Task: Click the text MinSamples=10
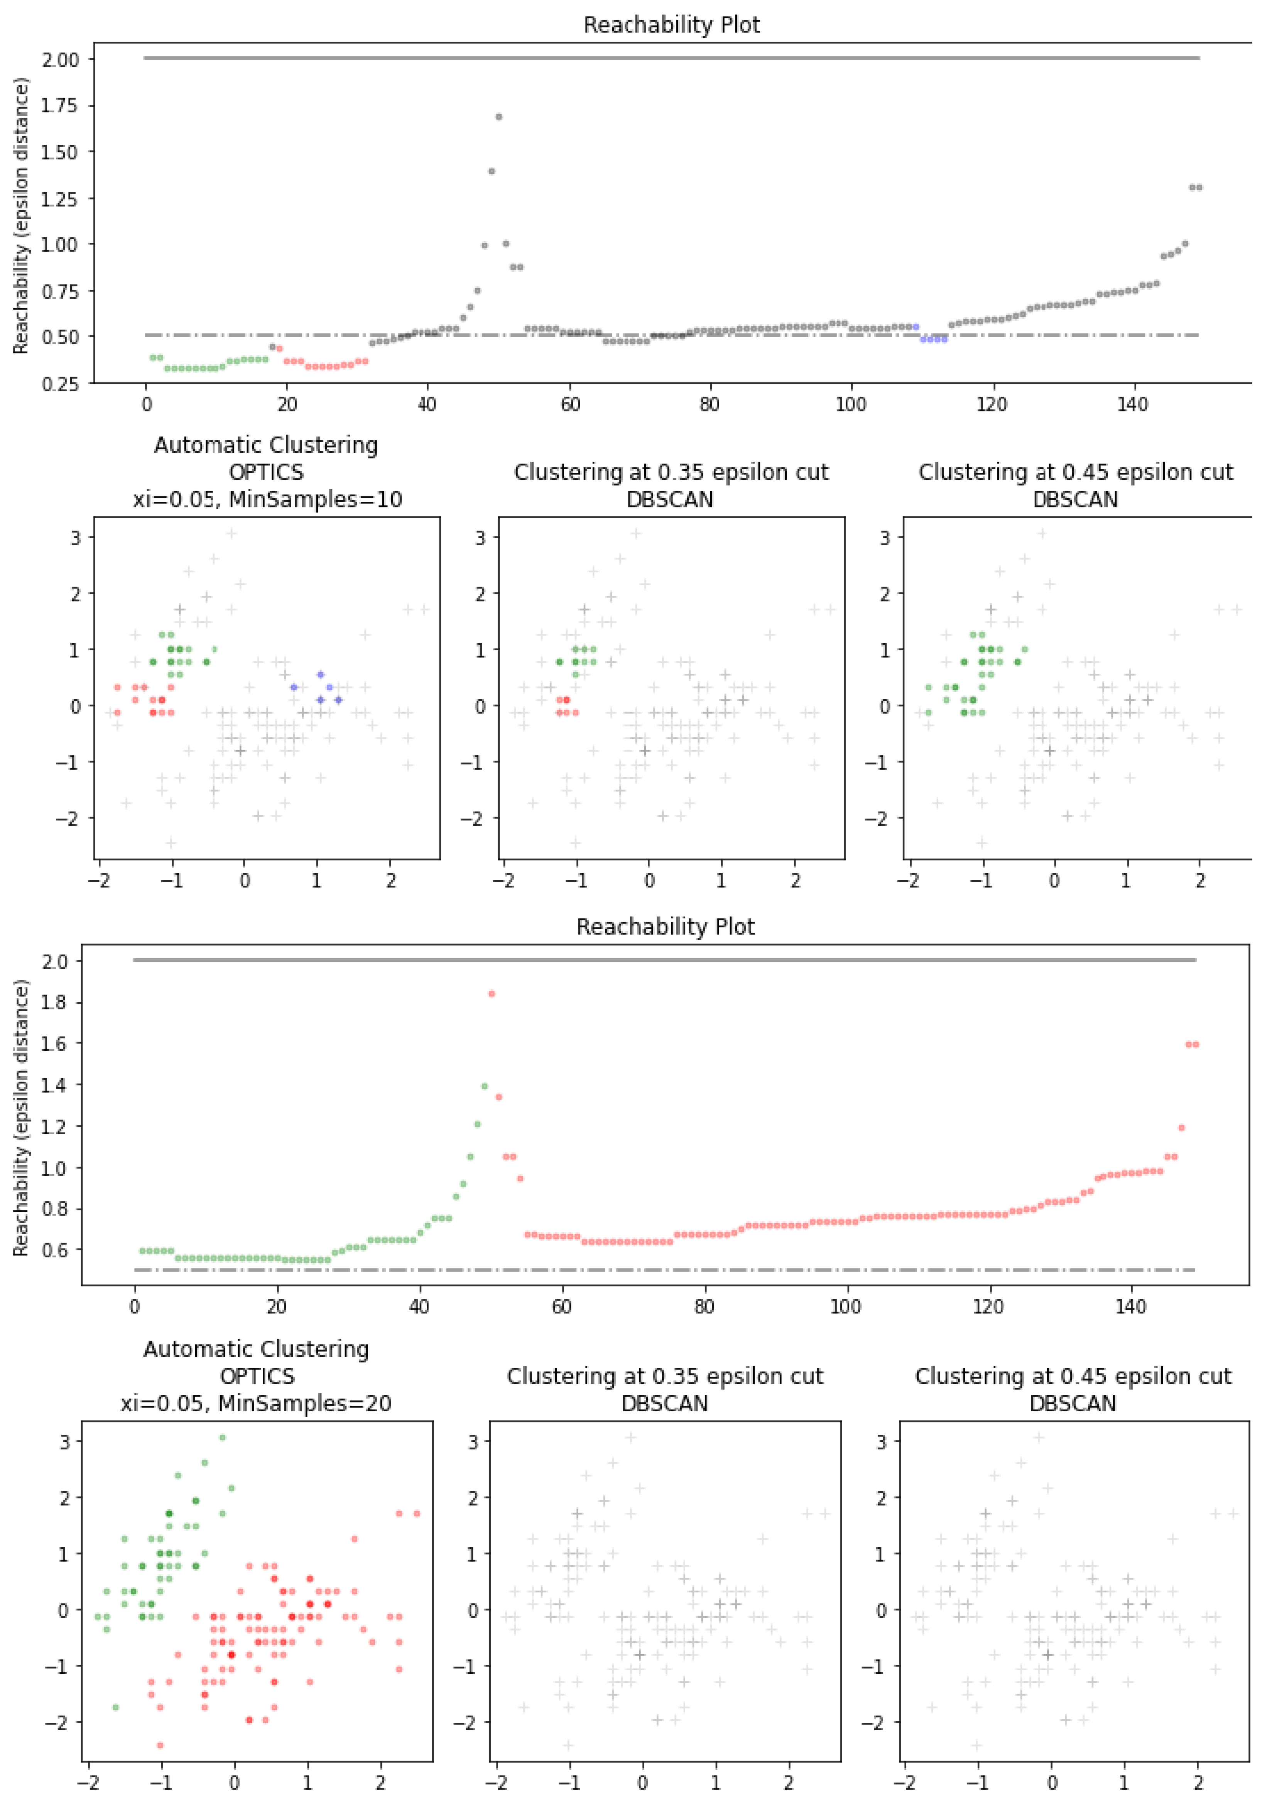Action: [315, 499]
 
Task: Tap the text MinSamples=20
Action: [305, 1403]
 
